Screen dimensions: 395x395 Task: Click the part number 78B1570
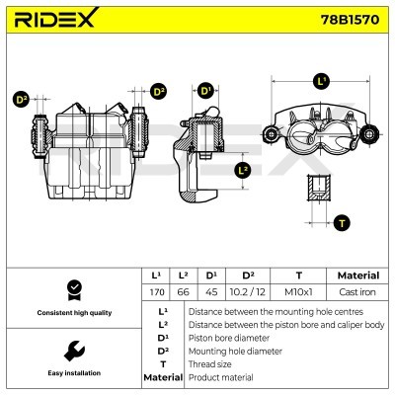pos(342,19)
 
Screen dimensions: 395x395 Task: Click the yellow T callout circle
pos(342,223)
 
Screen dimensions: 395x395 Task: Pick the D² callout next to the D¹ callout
pos(159,92)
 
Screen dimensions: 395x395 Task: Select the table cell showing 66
pos(183,293)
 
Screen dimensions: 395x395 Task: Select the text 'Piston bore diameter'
pos(227,337)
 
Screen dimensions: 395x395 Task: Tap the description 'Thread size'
pos(212,363)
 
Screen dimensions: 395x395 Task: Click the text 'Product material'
pos(221,377)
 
